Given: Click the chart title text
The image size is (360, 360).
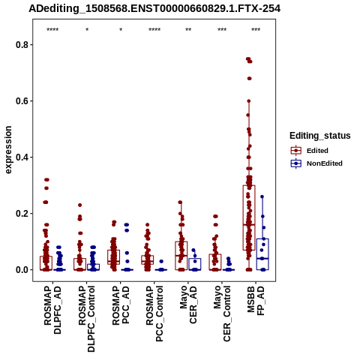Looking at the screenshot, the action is (154, 8).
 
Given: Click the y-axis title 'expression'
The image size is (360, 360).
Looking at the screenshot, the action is (8, 150).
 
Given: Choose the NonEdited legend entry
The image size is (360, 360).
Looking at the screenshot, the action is (316, 163).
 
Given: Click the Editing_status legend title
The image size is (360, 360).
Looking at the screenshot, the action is (320, 136).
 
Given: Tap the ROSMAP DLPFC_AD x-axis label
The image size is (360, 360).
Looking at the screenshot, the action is (52, 310).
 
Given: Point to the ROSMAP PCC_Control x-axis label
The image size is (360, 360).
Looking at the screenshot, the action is (154, 313).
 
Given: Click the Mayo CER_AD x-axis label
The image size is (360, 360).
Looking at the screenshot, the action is (188, 304).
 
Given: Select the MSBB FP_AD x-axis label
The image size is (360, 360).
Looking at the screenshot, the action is (256, 301).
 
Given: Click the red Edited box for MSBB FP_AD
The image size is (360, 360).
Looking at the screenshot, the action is (249, 185).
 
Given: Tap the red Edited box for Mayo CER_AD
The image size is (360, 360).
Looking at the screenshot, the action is (181, 241).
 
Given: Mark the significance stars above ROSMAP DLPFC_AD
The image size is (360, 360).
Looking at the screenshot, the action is (52, 30).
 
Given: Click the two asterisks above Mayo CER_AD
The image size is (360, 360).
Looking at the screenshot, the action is (188, 30).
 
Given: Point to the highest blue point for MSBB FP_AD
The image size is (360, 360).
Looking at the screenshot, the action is (262, 196).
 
